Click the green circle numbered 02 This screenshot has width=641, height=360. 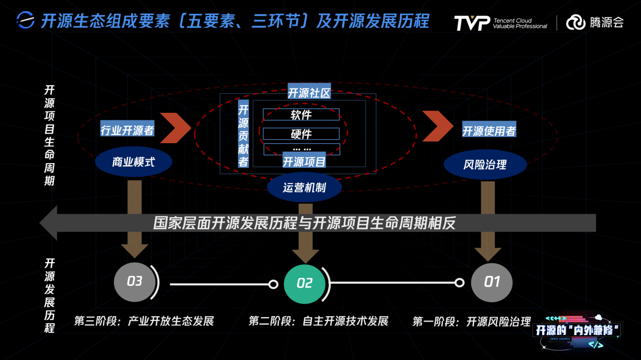pos(304,283)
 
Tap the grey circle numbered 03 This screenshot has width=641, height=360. pos(134,281)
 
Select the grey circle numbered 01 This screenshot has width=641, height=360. pos(492,282)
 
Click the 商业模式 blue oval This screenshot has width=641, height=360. pos(133,162)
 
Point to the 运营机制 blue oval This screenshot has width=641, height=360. pos(304,187)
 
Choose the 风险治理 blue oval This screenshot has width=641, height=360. pos(485,165)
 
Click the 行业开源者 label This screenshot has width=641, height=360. pos(127,131)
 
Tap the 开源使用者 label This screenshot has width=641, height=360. pos(489,131)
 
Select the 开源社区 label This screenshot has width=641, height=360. pos(309,93)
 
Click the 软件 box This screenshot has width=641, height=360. pos(301,115)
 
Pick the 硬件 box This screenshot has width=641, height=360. pos(301,134)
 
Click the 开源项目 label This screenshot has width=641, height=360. pos(304,161)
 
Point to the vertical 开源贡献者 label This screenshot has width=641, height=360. pos(243,135)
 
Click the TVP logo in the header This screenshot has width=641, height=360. pos(471,23)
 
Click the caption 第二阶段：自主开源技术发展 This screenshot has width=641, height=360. pos(318,321)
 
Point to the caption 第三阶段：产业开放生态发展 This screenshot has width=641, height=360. pos(144,321)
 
